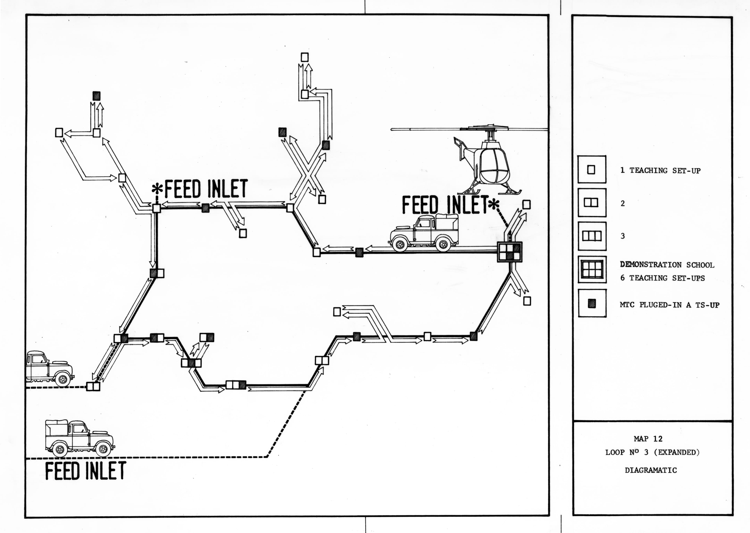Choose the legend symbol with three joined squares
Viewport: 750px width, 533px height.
click(592, 236)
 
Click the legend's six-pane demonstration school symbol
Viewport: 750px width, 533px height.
click(592, 269)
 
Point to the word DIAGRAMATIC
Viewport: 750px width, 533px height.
click(651, 470)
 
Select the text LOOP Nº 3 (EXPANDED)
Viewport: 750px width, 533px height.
click(652, 452)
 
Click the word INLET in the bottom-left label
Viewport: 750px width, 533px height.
click(106, 471)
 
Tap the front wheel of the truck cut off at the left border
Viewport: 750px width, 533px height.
click(63, 379)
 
